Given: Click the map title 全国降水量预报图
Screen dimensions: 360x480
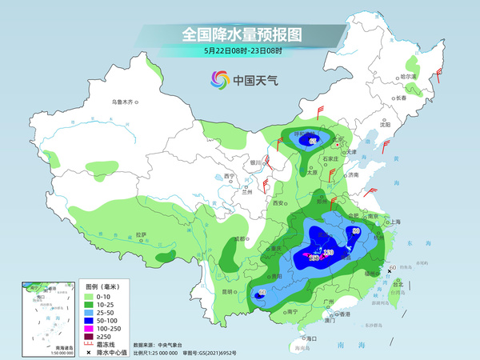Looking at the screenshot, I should point(241,34).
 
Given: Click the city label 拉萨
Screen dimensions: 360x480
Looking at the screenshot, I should point(142,234).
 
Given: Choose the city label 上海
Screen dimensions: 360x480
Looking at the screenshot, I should point(394,222).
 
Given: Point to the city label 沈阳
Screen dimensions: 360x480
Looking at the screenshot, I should point(385,125).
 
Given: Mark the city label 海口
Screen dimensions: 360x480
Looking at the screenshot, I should point(311,338).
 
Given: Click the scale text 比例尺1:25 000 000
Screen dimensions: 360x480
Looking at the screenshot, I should point(164,351).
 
